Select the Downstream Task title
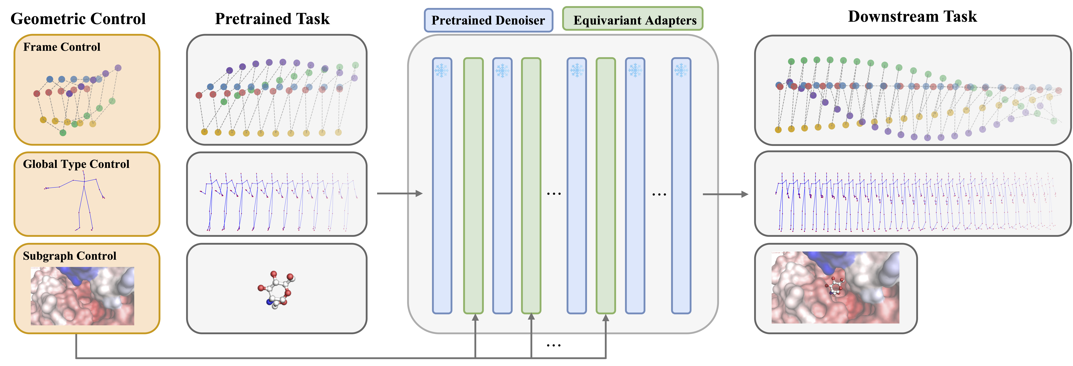point(912,17)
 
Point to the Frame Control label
point(62,47)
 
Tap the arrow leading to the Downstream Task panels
point(725,194)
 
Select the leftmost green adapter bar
point(473,185)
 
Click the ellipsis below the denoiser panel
point(554,345)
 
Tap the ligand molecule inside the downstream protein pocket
point(835,287)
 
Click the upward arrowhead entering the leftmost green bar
point(475,318)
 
